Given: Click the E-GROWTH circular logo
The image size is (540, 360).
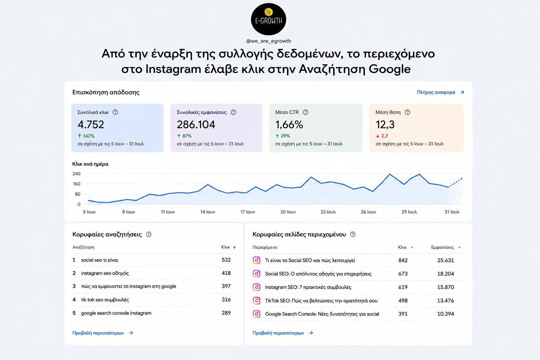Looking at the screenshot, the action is pyautogui.click(x=268, y=19).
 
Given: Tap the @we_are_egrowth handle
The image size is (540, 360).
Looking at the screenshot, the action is pyautogui.click(x=268, y=41).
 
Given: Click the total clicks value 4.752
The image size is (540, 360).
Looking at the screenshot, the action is pyautogui.click(x=91, y=124).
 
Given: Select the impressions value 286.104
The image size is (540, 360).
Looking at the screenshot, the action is pyautogui.click(x=196, y=124).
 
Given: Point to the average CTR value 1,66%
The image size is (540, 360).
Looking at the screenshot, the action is pyautogui.click(x=289, y=124).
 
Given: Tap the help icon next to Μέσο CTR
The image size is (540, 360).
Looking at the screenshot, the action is pyautogui.click(x=306, y=112).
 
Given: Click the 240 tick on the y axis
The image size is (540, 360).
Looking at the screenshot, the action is pyautogui.click(x=76, y=174).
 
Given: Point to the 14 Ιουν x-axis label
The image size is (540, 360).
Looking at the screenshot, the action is pyautogui.click(x=207, y=212).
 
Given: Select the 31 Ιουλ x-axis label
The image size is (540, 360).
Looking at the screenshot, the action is pyautogui.click(x=452, y=212).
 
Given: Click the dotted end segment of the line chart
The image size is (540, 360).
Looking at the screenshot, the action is pyautogui.click(x=455, y=182).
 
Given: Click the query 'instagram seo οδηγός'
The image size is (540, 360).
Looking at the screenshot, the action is pyautogui.click(x=105, y=273).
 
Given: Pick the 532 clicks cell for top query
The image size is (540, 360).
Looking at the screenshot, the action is pyautogui.click(x=226, y=260).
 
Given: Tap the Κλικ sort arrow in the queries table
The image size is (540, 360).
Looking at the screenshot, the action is pyautogui.click(x=234, y=247).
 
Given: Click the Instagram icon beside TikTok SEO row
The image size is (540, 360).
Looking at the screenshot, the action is pyautogui.click(x=256, y=301).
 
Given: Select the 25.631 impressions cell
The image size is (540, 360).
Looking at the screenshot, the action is pyautogui.click(x=445, y=261).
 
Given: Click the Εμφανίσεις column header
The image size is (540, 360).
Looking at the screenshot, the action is pyautogui.click(x=442, y=247).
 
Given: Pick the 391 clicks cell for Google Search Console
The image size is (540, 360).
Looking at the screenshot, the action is pyautogui.click(x=403, y=314).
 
